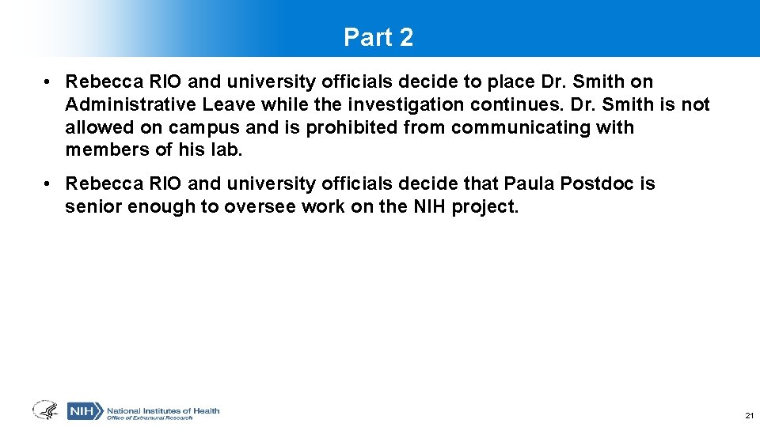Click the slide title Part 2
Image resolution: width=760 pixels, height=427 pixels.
coord(378,37)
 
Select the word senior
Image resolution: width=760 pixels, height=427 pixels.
coord(90,206)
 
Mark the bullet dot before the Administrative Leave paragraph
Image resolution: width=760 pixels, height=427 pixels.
coord(49,82)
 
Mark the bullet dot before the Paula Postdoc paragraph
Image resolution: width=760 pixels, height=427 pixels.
coord(49,184)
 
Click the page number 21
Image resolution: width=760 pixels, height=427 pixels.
coord(748,415)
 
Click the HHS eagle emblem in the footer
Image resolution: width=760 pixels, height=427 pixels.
coord(44,410)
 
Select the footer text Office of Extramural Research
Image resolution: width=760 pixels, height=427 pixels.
coord(150,418)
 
